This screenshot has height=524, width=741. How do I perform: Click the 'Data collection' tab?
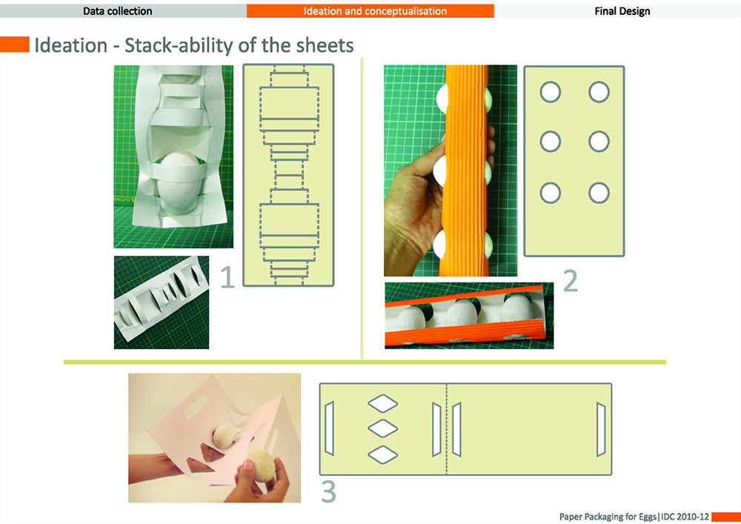[x=118, y=11]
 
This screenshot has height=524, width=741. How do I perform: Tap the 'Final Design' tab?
[x=622, y=11]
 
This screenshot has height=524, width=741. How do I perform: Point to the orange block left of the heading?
[x=15, y=44]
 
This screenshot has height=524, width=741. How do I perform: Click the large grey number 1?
[x=227, y=277]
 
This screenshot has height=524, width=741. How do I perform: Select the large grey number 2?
[x=571, y=281]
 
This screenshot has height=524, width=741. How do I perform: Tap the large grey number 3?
[x=329, y=491]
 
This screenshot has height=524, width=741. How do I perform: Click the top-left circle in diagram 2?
[x=550, y=92]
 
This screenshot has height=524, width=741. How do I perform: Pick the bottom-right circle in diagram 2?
[x=599, y=193]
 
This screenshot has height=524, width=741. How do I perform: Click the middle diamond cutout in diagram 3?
[x=383, y=428]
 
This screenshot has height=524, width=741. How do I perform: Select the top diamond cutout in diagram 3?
[x=383, y=403]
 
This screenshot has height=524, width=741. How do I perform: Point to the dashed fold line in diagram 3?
[x=446, y=429]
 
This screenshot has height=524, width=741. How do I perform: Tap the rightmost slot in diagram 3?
[x=601, y=429]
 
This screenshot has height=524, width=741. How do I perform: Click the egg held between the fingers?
[x=262, y=465]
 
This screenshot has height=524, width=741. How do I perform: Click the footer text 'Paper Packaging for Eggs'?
[x=608, y=517]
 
